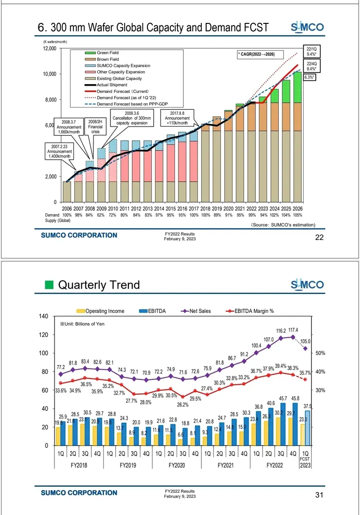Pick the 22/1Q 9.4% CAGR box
tap(310, 52)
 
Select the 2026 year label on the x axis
tap(298, 208)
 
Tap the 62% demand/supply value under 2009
tap(102, 215)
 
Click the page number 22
tap(319, 237)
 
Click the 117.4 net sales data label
tap(293, 330)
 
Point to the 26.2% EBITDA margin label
tap(183, 404)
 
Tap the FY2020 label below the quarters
tap(177, 465)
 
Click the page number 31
tap(319, 496)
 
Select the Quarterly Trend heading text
tap(99, 285)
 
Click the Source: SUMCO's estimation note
tap(283, 225)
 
